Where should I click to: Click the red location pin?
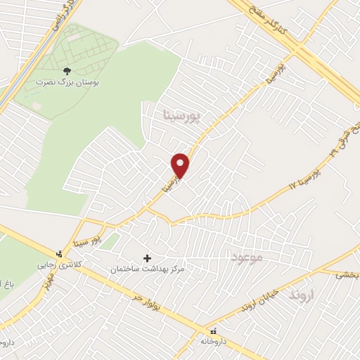(x=181, y=165)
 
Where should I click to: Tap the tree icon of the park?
(x=67, y=71)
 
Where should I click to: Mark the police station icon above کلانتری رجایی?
(x=59, y=253)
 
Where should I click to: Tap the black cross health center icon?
(x=147, y=259)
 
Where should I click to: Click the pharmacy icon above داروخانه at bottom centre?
(x=212, y=330)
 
